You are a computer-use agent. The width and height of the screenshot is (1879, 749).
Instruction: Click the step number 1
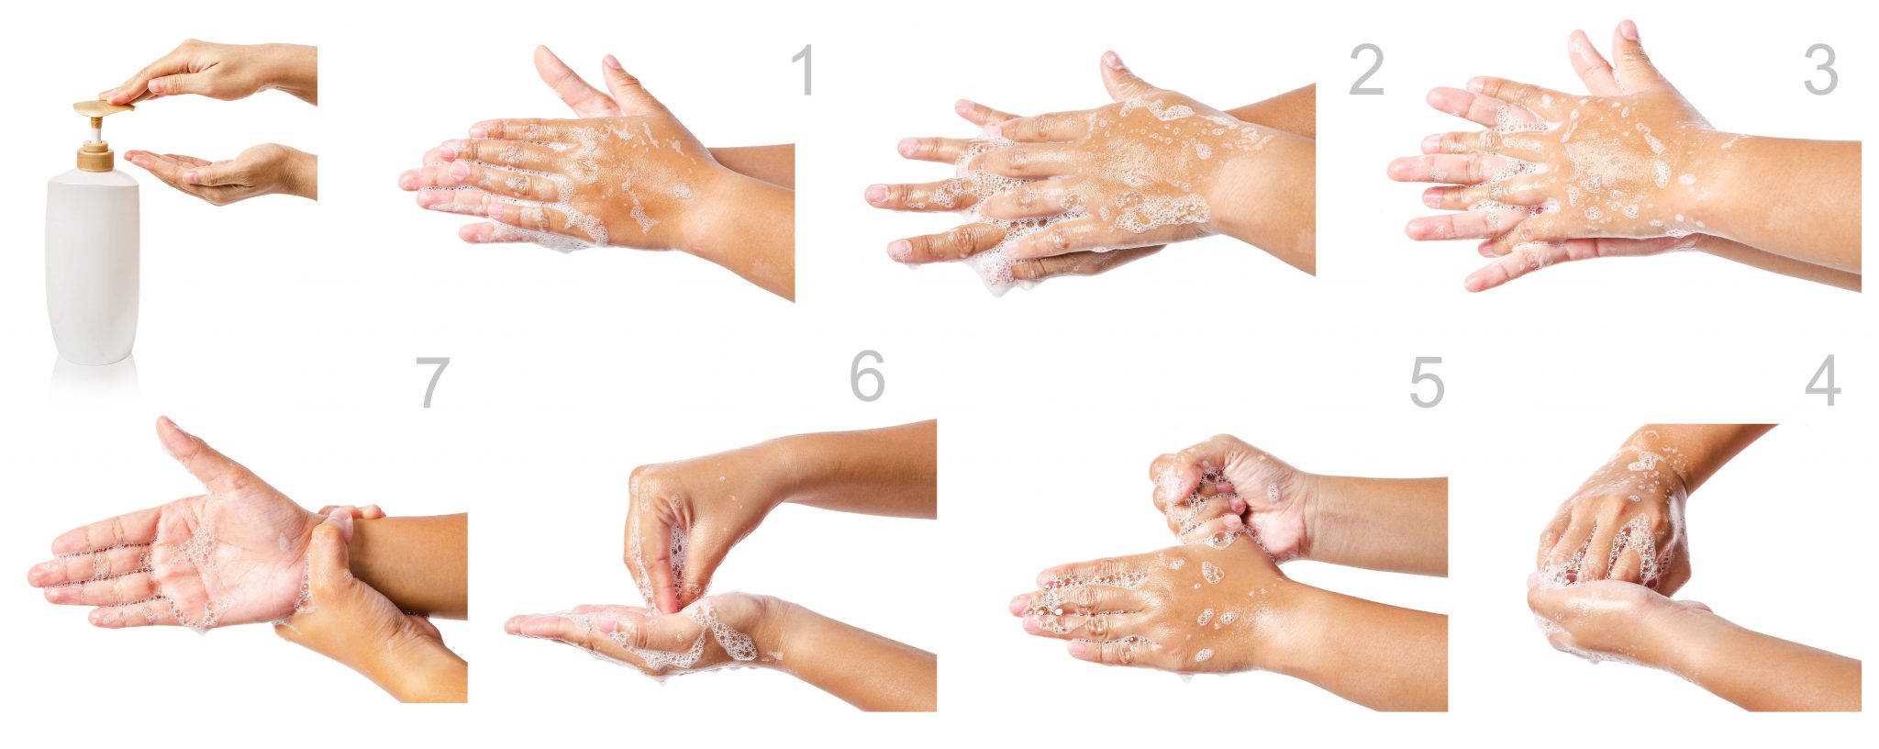click(804, 71)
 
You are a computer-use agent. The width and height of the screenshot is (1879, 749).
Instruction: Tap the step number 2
click(1366, 71)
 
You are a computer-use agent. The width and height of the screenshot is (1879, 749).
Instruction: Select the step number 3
click(1821, 71)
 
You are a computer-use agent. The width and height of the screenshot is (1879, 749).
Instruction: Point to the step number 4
click(1823, 381)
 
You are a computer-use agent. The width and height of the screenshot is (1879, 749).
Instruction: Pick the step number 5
click(1427, 382)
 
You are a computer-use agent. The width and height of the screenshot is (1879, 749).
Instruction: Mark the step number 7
click(432, 382)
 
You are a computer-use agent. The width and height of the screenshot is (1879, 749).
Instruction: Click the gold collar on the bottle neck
click(95, 157)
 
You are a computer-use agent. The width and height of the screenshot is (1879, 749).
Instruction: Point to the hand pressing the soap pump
click(211, 72)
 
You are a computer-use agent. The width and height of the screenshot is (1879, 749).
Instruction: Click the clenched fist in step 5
click(1229, 496)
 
